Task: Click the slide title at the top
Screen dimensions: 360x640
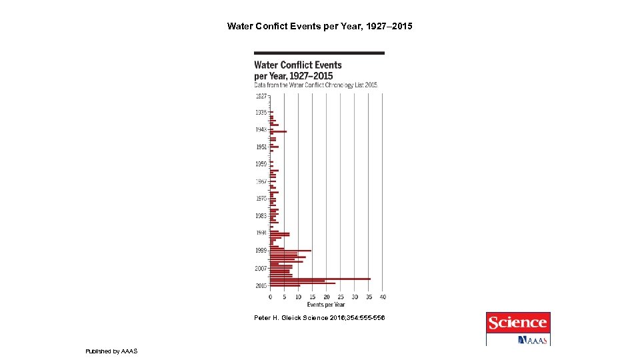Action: point(320,27)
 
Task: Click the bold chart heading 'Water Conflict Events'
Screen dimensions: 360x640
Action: point(297,65)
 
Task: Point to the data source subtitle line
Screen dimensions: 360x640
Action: point(315,85)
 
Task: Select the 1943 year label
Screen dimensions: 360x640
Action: point(261,129)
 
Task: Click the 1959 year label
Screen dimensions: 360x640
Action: point(261,164)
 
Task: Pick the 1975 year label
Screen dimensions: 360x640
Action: point(261,199)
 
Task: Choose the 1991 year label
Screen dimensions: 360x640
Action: point(261,233)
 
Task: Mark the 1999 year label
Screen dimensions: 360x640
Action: point(261,250)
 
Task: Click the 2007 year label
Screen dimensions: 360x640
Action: point(261,268)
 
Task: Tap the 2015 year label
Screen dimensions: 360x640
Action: point(261,285)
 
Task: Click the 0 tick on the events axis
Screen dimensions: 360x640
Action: point(271,297)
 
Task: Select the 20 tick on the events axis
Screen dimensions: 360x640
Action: point(327,297)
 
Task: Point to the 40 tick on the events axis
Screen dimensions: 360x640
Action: point(383,297)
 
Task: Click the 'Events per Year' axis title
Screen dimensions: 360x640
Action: point(326,305)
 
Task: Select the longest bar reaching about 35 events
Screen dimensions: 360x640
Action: point(320,279)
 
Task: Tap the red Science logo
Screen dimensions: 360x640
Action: point(518,323)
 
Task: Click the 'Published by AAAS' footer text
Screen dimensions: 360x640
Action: point(111,351)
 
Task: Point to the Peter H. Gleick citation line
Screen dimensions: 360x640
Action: point(319,318)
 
